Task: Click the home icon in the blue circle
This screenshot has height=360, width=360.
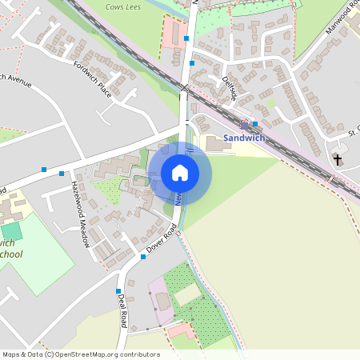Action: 179,173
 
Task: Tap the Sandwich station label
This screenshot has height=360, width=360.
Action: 243,138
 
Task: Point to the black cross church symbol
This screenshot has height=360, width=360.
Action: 337,159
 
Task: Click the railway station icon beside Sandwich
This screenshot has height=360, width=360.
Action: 245,124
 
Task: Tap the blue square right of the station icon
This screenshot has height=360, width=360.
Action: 255,123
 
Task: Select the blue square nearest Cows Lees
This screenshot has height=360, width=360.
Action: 186,38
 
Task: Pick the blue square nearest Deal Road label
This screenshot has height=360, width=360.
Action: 118,291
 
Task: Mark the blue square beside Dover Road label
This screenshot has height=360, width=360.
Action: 143,257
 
